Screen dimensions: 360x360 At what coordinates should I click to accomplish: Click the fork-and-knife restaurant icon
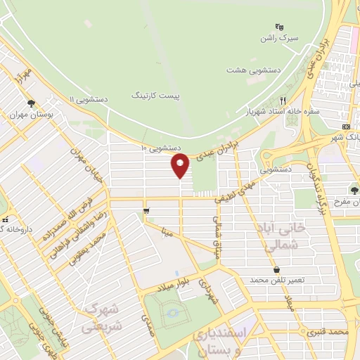283,100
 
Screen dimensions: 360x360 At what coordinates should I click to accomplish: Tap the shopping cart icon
146,210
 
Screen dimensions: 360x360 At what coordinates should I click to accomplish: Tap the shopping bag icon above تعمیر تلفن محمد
277,269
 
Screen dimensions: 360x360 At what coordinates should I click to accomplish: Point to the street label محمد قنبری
328,330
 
